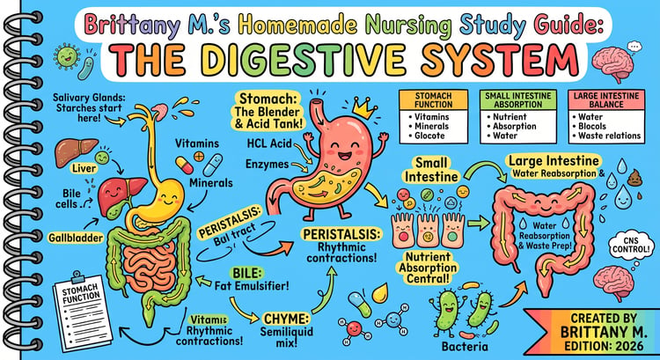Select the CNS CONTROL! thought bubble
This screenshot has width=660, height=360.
631,246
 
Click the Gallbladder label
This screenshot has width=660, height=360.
76,238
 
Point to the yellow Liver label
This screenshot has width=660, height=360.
84,168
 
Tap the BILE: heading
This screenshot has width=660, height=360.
246,273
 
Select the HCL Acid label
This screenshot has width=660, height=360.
269,144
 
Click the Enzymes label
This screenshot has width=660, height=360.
268,165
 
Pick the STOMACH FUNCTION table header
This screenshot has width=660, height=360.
433,99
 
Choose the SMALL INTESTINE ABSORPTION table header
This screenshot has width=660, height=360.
518,99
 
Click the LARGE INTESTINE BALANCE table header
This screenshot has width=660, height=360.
606,99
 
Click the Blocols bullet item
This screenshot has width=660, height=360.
589,127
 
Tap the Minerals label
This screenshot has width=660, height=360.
211,183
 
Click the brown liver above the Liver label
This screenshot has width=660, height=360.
77,152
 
